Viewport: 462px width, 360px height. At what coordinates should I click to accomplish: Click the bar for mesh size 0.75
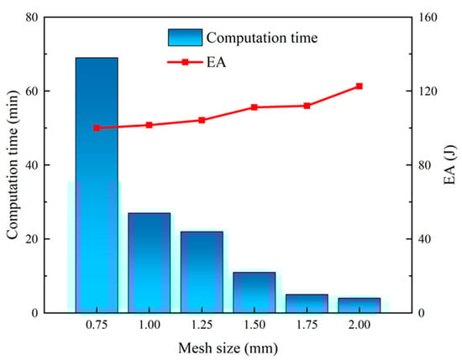(97, 185)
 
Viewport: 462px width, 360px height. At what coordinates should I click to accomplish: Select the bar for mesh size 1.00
(150, 263)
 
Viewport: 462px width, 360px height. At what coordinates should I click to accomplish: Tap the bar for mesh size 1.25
(202, 272)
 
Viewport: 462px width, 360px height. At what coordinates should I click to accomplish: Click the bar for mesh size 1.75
(307, 303)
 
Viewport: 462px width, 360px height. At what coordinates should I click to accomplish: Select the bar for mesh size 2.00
(359, 305)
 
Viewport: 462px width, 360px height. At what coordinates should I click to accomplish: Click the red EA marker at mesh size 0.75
(97, 128)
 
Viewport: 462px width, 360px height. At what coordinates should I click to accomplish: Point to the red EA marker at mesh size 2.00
(359, 86)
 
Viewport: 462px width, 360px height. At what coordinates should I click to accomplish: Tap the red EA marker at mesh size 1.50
(255, 107)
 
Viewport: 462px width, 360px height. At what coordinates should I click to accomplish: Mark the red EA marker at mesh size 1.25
(202, 120)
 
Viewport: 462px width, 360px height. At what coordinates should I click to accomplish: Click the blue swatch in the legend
(184, 36)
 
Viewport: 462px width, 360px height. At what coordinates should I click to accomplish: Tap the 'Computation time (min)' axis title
(14, 164)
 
